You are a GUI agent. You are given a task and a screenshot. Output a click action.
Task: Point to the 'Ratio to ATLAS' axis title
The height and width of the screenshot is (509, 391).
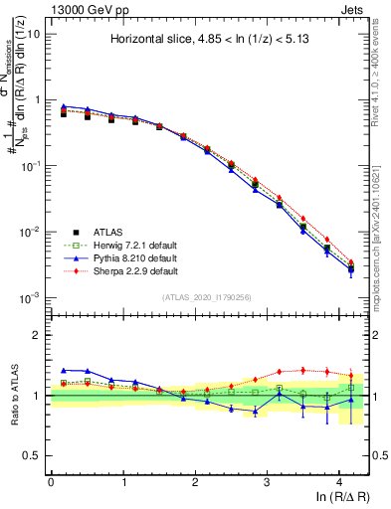point(14,396)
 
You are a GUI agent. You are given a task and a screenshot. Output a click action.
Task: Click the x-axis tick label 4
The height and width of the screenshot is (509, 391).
point(339,479)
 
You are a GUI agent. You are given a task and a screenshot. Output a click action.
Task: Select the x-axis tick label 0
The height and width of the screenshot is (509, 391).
point(51,479)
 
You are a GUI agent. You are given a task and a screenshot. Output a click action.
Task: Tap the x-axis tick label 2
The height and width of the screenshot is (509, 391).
point(195,479)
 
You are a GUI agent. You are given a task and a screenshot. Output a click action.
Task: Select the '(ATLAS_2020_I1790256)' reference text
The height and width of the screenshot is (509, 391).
point(208,297)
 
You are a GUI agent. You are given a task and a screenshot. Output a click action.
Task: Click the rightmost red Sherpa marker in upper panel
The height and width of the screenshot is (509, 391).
point(351,262)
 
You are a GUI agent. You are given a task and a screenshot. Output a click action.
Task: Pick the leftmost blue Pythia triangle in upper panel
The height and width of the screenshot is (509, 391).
point(64,106)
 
